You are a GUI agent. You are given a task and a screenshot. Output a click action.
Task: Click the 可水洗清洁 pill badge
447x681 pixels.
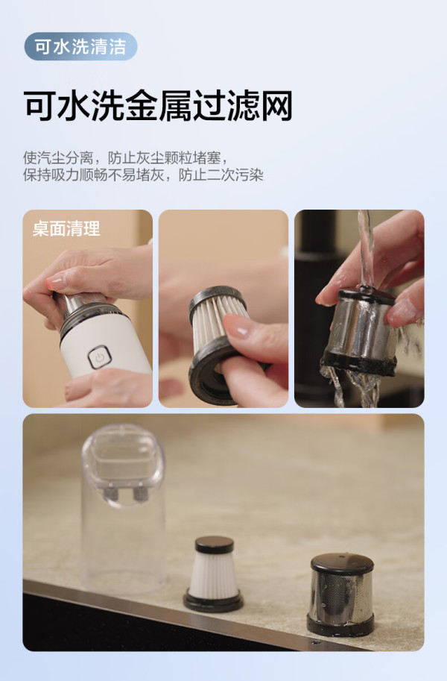(80, 46)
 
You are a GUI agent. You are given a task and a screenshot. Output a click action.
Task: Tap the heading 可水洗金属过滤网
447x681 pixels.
(158, 105)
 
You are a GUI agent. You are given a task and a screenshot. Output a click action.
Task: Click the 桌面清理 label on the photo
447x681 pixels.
(66, 229)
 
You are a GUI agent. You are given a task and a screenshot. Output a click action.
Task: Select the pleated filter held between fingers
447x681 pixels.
(217, 343)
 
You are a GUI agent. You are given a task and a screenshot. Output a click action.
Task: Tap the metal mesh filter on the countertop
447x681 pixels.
(341, 594)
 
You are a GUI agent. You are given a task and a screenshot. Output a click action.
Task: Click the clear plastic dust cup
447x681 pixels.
(124, 508)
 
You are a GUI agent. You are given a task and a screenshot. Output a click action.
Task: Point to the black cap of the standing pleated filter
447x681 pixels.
(214, 545)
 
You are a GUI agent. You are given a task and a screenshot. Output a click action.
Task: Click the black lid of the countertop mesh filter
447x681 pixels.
(342, 563)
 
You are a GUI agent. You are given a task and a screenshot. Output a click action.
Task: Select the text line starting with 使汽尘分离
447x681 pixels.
(125, 157)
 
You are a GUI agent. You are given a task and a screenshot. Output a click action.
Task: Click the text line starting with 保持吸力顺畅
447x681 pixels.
(143, 175)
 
